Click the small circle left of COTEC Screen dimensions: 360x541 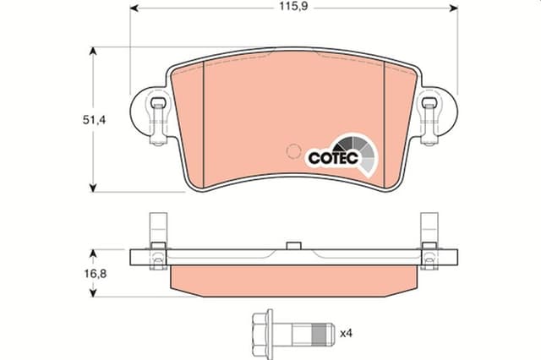(294, 152)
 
